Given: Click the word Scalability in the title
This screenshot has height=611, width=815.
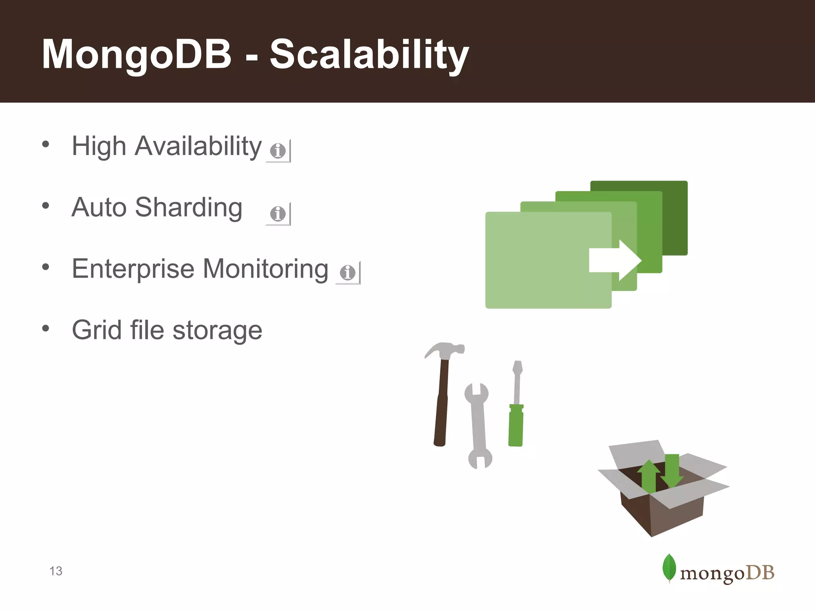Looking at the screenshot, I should [369, 55].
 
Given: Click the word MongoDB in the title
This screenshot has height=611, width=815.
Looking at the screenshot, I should [136, 55].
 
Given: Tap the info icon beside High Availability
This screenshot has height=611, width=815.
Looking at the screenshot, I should [278, 151].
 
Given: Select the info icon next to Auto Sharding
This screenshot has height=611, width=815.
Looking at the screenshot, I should [278, 214].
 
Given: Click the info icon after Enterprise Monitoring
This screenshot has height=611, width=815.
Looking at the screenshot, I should [347, 272].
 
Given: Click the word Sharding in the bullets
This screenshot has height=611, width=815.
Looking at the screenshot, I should [189, 208].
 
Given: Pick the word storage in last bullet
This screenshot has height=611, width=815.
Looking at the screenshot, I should [217, 331].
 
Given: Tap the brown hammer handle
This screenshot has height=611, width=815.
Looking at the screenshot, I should [441, 410].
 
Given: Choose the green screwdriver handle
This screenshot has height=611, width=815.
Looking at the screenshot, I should [516, 426].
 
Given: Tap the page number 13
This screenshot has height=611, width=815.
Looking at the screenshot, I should [56, 571].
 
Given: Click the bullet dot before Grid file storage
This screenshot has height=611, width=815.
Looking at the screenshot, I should [46, 329].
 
